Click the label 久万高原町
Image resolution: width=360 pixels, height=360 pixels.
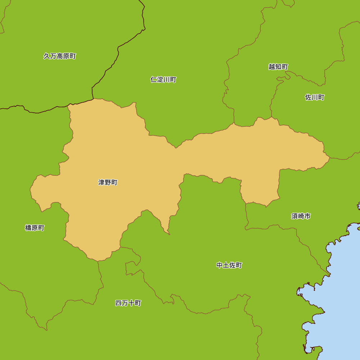pyautogui.click(x=60, y=56)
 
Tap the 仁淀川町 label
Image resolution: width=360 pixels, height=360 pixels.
pyautogui.click(x=163, y=80)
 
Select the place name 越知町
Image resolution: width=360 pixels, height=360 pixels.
pyautogui.click(x=278, y=67)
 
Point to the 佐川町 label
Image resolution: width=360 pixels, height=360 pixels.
pyautogui.click(x=315, y=97)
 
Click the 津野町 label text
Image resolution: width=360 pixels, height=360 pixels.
pyautogui.click(x=108, y=183)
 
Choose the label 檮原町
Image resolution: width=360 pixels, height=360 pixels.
pyautogui.click(x=35, y=228)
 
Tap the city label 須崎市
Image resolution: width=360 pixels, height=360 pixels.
pyautogui.click(x=301, y=216)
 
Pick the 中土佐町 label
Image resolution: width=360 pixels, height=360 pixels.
pyautogui.click(x=229, y=265)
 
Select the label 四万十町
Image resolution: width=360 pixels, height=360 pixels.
pyautogui.click(x=128, y=303)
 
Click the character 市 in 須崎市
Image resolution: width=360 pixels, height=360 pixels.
pyautogui.click(x=307, y=216)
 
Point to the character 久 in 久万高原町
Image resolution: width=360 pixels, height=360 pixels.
pyautogui.click(x=47, y=56)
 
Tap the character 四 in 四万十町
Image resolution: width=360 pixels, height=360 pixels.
pyautogui.click(x=118, y=303)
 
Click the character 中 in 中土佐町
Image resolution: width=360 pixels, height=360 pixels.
pyautogui.click(x=220, y=265)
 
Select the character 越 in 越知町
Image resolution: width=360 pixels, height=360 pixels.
pyautogui.click(x=272, y=67)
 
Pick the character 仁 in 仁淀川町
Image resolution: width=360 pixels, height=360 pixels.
pyautogui.click(x=153, y=80)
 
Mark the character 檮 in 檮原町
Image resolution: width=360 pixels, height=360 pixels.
pyautogui.click(x=28, y=228)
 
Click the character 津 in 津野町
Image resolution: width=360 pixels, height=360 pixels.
pyautogui.click(x=101, y=183)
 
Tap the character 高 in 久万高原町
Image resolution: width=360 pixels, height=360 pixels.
pyautogui.click(x=60, y=56)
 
